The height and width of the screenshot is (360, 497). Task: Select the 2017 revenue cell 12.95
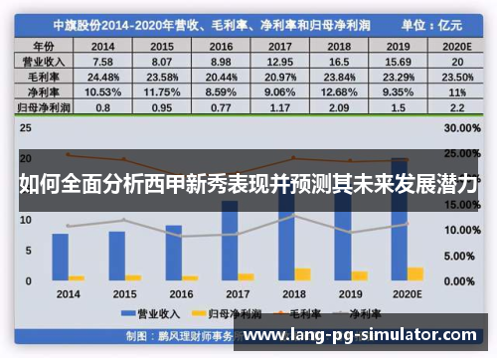280,60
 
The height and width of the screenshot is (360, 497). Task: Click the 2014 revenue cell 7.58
102,60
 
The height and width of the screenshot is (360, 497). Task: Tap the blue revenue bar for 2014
61,257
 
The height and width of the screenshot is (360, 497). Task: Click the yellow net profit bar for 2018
302,273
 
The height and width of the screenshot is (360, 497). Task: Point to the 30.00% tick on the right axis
464,129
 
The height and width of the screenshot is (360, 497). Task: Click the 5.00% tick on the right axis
464,256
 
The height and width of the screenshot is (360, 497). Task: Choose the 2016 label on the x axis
181,294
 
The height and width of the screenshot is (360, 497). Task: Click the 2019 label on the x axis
351,294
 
